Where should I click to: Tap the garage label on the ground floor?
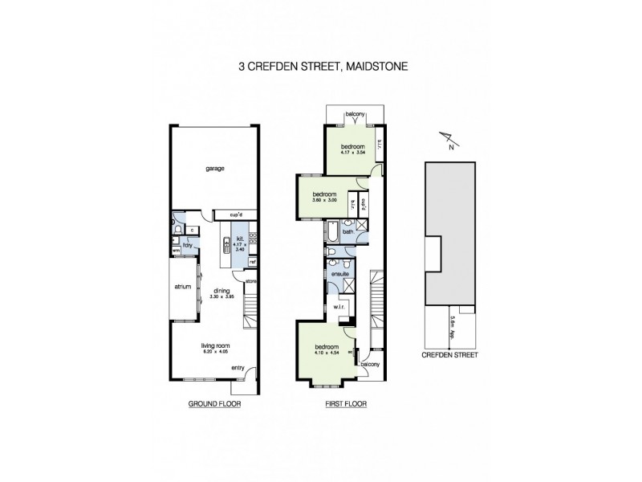tap(213, 169)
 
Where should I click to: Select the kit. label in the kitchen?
tap(239, 239)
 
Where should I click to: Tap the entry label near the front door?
tap(238, 369)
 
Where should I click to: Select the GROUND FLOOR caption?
tap(213, 405)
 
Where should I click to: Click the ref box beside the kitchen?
tap(252, 263)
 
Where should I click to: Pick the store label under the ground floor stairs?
tap(250, 281)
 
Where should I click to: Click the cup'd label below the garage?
tap(236, 215)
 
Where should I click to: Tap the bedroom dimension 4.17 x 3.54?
tap(353, 153)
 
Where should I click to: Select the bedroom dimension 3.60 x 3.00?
tap(324, 201)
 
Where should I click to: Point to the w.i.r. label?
tap(339, 307)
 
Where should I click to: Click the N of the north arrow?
tap(451, 148)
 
